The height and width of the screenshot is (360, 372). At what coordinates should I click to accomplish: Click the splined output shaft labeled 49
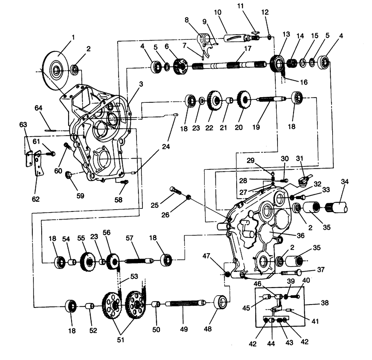click(x=184, y=304)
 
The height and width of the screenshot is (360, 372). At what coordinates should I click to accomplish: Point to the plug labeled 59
click(x=68, y=174)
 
